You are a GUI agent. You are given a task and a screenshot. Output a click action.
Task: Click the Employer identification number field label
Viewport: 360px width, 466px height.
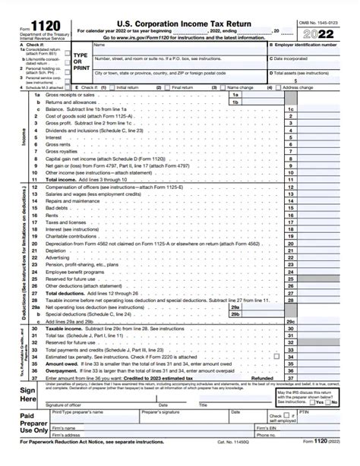point(311,46)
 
